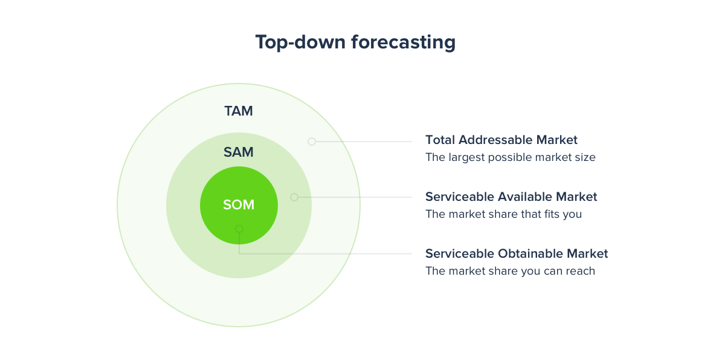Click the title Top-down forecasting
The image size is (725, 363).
(355, 42)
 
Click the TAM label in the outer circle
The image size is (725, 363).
(239, 111)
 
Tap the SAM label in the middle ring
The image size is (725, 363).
(239, 152)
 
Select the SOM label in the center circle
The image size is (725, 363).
(239, 205)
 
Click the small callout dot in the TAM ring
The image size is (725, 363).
(312, 142)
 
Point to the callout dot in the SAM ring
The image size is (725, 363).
(294, 197)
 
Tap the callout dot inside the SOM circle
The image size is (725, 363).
(239, 229)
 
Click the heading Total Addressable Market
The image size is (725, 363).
(501, 140)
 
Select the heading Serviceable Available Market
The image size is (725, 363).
(511, 197)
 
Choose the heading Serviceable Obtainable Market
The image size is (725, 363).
(517, 253)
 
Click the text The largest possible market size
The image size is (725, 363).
(511, 157)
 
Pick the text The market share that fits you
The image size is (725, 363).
(503, 214)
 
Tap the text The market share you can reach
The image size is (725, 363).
(510, 271)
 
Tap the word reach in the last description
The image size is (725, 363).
(581, 271)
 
